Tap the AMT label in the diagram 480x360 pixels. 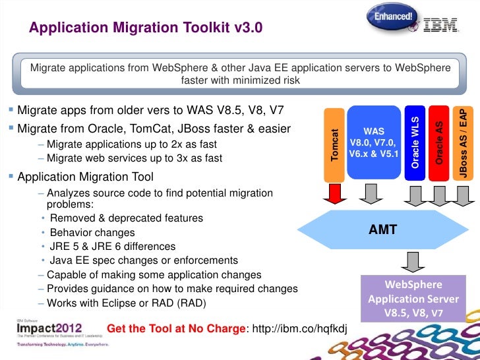coord(382,231)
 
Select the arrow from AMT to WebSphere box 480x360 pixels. coord(414,260)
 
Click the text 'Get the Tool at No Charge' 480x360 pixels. coord(175,328)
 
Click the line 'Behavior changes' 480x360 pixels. coord(92,233)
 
